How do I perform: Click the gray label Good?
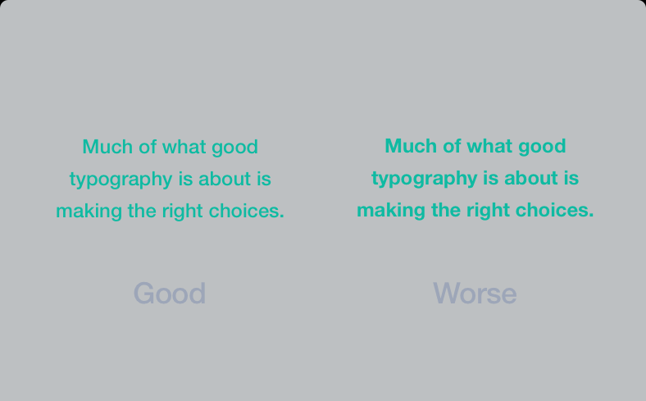tap(170, 293)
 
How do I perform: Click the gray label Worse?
tap(475, 293)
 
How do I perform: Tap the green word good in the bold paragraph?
tap(542, 147)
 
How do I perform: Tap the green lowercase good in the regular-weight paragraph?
tap(234, 148)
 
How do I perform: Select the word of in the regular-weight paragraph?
tap(147, 147)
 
